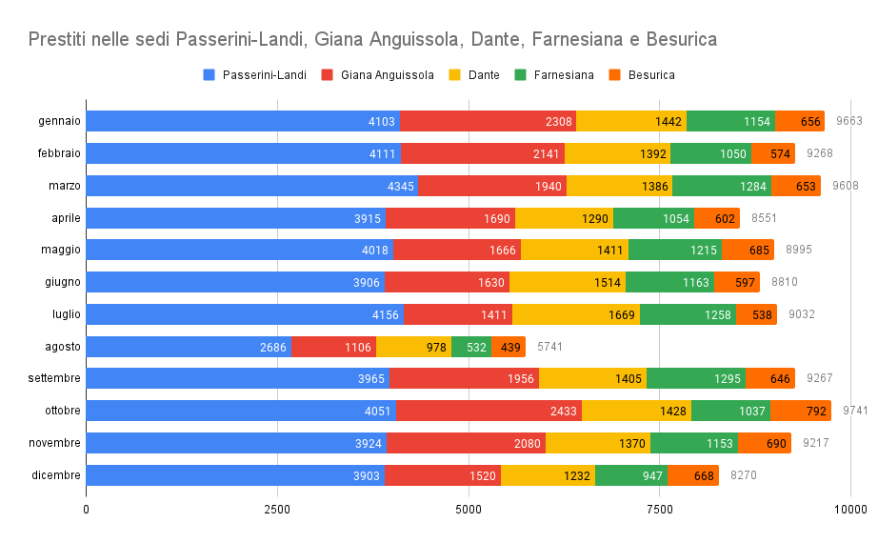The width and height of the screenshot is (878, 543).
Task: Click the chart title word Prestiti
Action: point(62,39)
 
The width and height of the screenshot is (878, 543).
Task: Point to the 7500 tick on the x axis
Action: point(660,510)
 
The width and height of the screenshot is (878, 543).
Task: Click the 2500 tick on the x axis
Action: point(277,510)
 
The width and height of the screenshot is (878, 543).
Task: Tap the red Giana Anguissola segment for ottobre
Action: point(489,411)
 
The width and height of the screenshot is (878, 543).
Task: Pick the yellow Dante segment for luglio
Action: point(575,314)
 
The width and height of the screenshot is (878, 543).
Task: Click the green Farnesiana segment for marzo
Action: point(721,186)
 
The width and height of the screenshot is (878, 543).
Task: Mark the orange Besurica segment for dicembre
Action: point(693,475)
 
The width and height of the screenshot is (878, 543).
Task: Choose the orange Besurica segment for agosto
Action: point(509,347)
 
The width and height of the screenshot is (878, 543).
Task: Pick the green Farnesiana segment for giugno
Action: point(669,282)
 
